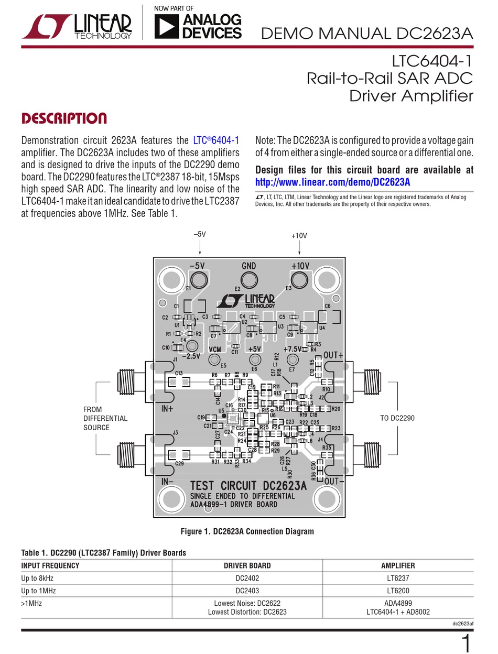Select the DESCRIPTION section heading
pyautogui.click(x=64, y=118)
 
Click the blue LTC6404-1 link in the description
pyautogui.click(x=216, y=140)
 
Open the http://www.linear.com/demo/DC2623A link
pyautogui.click(x=332, y=182)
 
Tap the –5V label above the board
pyautogui.click(x=200, y=235)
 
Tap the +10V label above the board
pyautogui.click(x=299, y=236)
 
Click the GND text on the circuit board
pyautogui.click(x=248, y=266)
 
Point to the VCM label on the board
pyautogui.click(x=215, y=350)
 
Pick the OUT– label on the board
pyautogui.click(x=333, y=481)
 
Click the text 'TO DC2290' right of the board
pyautogui.click(x=397, y=418)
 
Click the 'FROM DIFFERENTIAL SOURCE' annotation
pyautogui.click(x=105, y=418)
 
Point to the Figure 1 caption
pyautogui.click(x=247, y=531)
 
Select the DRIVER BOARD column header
pyautogui.click(x=247, y=565)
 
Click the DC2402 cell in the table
pyautogui.click(x=247, y=578)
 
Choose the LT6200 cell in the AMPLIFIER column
pyautogui.click(x=397, y=591)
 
